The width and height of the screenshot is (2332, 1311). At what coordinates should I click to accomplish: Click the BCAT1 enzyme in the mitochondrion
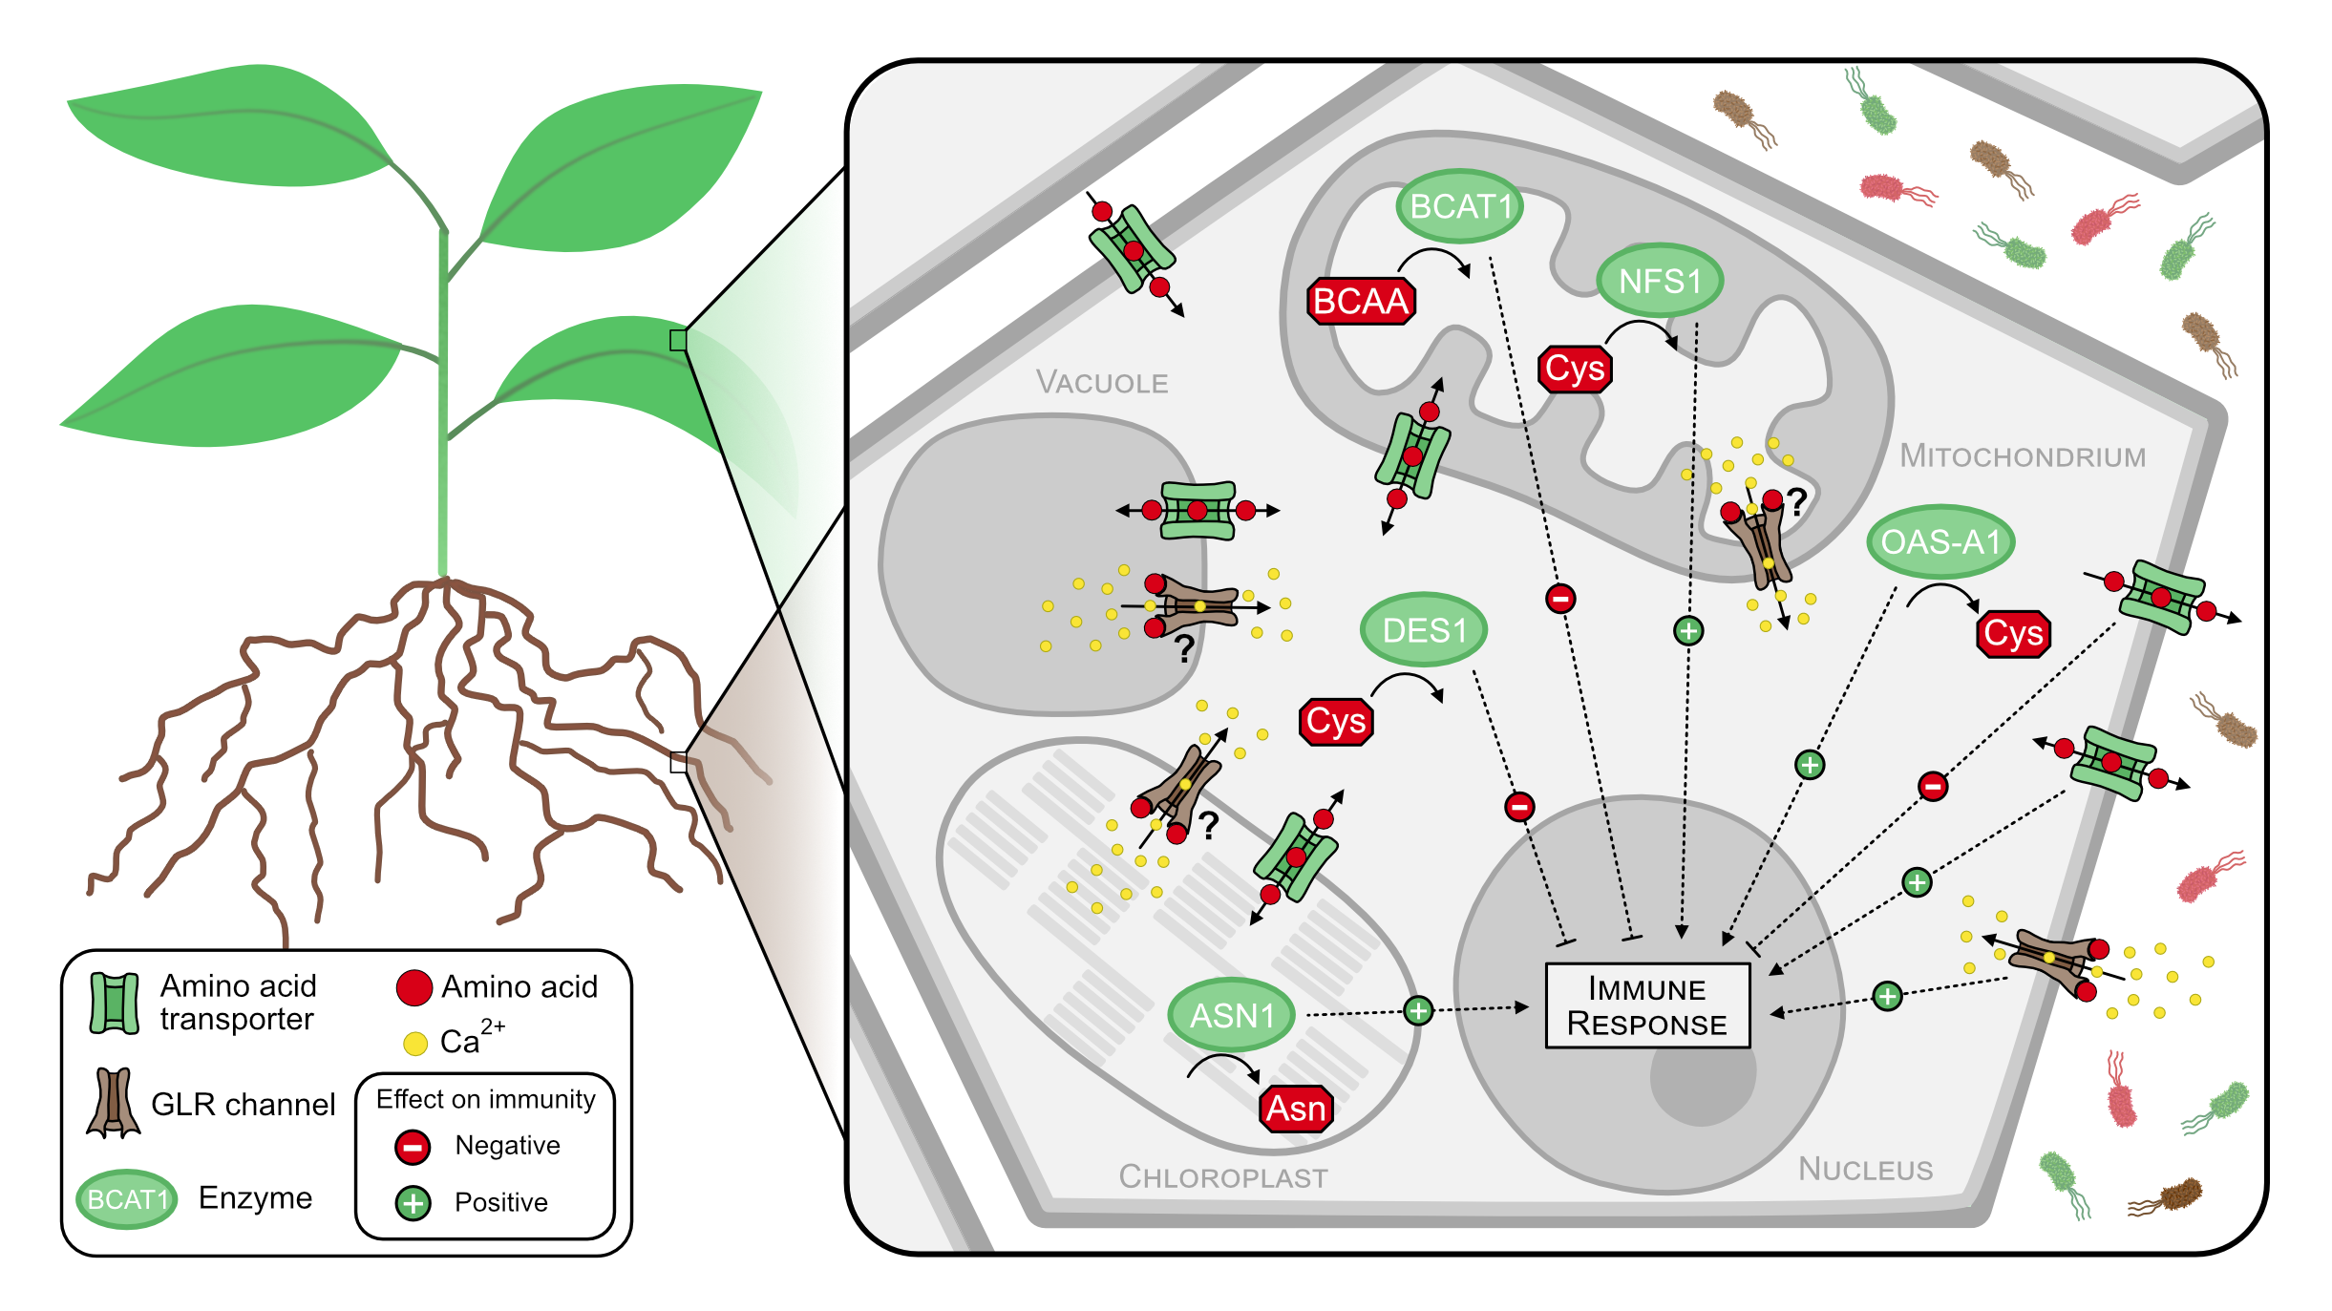click(1459, 206)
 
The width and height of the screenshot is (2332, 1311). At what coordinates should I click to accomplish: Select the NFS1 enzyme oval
click(1661, 281)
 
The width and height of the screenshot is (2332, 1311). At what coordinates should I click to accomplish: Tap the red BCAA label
click(1361, 302)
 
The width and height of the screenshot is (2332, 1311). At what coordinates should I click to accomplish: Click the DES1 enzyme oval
click(1424, 630)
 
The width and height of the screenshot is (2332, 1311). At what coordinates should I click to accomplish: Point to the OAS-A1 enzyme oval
click(1940, 541)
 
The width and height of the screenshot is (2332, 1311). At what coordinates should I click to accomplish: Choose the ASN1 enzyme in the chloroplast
click(1232, 1015)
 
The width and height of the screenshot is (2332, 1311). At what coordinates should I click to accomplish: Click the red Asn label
click(1297, 1109)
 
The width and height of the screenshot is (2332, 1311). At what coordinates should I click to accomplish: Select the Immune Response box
click(1647, 1005)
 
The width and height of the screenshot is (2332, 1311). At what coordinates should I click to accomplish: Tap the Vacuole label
click(1102, 383)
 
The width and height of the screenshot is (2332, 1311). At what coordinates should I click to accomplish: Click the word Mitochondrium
click(2023, 456)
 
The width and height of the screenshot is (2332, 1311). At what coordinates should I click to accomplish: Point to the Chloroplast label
click(1223, 1176)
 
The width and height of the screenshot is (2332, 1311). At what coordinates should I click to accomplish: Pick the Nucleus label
click(1865, 1169)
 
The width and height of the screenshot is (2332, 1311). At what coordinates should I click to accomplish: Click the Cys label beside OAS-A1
click(2013, 634)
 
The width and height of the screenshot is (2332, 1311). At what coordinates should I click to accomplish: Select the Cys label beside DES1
click(1336, 722)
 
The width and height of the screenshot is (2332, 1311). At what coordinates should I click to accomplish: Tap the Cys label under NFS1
click(1575, 369)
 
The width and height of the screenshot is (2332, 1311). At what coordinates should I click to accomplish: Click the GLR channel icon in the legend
click(114, 1103)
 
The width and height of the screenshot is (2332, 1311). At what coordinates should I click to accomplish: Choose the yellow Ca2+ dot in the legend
click(415, 1044)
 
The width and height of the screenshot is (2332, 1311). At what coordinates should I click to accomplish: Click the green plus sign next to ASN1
click(1418, 1010)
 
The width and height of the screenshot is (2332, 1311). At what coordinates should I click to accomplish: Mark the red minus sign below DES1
click(1519, 807)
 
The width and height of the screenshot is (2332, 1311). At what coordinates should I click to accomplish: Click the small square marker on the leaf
click(678, 340)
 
